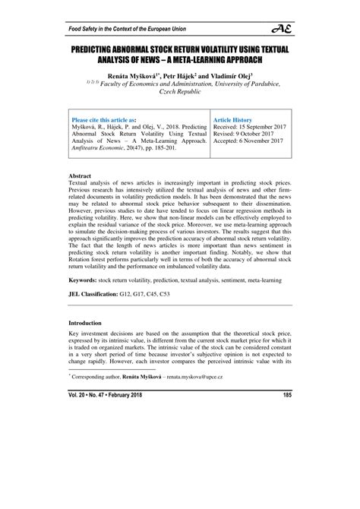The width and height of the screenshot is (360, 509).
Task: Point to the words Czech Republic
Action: click(179, 98)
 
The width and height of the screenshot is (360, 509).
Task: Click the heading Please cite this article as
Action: click(103, 120)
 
